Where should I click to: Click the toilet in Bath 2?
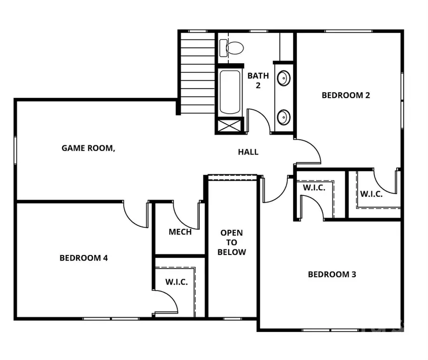[x=233, y=47]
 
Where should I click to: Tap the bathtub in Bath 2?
[x=230, y=92]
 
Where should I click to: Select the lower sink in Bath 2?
[x=284, y=116]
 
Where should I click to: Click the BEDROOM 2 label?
[x=346, y=95]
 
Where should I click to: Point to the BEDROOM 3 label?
[x=332, y=274]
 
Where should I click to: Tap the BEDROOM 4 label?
[x=84, y=258]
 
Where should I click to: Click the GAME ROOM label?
[x=88, y=148]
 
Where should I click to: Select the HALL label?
[x=248, y=152]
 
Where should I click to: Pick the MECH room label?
[x=180, y=232]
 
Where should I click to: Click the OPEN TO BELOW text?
[x=232, y=243]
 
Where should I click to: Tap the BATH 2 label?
[x=258, y=80]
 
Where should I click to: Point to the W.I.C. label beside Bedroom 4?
[x=176, y=282]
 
